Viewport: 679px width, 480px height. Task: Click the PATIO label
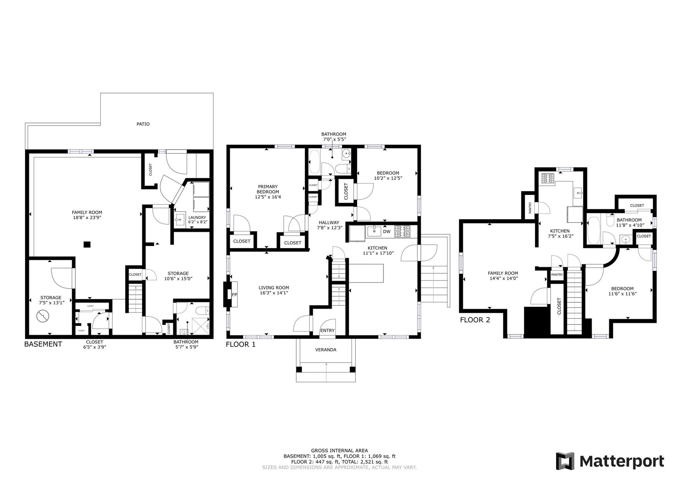tap(143, 124)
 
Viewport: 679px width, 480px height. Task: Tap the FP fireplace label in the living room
tap(234, 295)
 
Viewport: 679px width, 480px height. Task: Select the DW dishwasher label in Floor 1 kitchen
tap(387, 232)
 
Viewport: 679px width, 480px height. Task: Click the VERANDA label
tap(326, 350)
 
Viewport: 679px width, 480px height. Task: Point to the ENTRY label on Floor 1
tap(327, 330)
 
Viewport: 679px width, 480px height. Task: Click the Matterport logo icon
tap(565, 461)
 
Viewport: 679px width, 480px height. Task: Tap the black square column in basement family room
tap(87, 244)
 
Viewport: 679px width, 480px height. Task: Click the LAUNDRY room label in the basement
tap(197, 218)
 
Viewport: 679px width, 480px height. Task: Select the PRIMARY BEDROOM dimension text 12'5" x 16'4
tap(268, 197)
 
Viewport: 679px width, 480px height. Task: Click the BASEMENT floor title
tap(43, 344)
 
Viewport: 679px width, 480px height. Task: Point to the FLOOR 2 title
tap(475, 320)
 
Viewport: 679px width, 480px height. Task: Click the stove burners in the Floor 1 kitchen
tap(402, 231)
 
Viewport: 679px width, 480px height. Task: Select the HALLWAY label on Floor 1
tap(329, 223)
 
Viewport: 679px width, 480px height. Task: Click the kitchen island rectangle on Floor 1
tap(366, 273)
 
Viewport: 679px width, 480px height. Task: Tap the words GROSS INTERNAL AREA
tap(339, 450)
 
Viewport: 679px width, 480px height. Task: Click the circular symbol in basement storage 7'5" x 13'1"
tap(42, 316)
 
